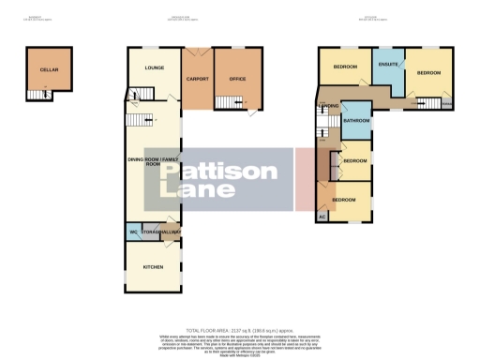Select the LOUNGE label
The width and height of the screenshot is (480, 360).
(x=154, y=68)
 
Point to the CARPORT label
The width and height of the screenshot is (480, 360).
(x=197, y=78)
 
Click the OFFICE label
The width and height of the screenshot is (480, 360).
(x=237, y=78)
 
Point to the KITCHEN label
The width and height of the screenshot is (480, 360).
(x=154, y=267)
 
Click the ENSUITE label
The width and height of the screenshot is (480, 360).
(x=387, y=64)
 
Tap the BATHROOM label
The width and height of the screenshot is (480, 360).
(x=356, y=121)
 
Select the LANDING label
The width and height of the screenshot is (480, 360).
(x=328, y=107)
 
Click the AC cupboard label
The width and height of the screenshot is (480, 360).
(x=323, y=217)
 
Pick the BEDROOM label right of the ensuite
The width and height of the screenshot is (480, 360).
(x=428, y=72)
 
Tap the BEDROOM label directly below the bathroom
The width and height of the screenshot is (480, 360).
(x=355, y=161)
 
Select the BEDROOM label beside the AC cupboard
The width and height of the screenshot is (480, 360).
(x=346, y=199)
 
